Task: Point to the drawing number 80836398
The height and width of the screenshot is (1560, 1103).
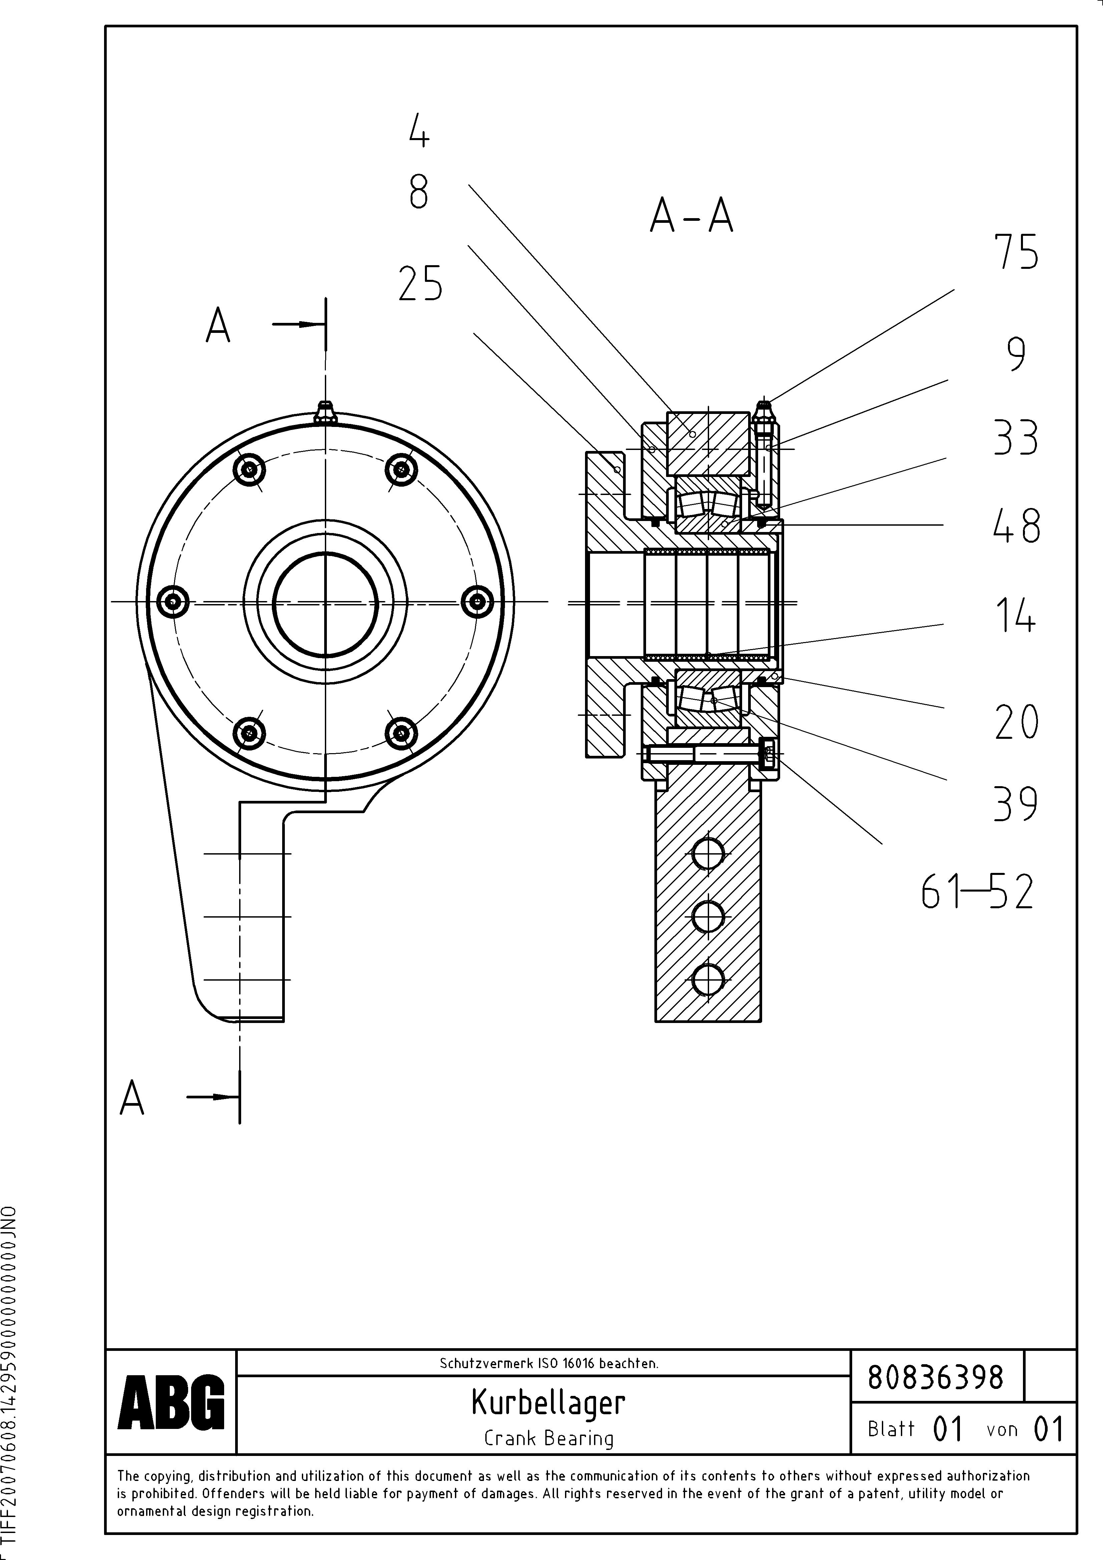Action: (936, 1378)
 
